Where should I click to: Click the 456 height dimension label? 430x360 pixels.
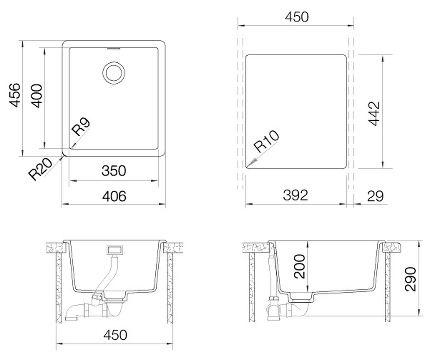(14, 95)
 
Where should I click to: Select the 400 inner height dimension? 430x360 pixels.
(36, 96)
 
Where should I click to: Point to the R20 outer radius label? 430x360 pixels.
(40, 169)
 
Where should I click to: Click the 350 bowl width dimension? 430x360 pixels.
(114, 171)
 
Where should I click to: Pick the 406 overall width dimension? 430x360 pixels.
(114, 196)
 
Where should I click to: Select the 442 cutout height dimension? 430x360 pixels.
(374, 113)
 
